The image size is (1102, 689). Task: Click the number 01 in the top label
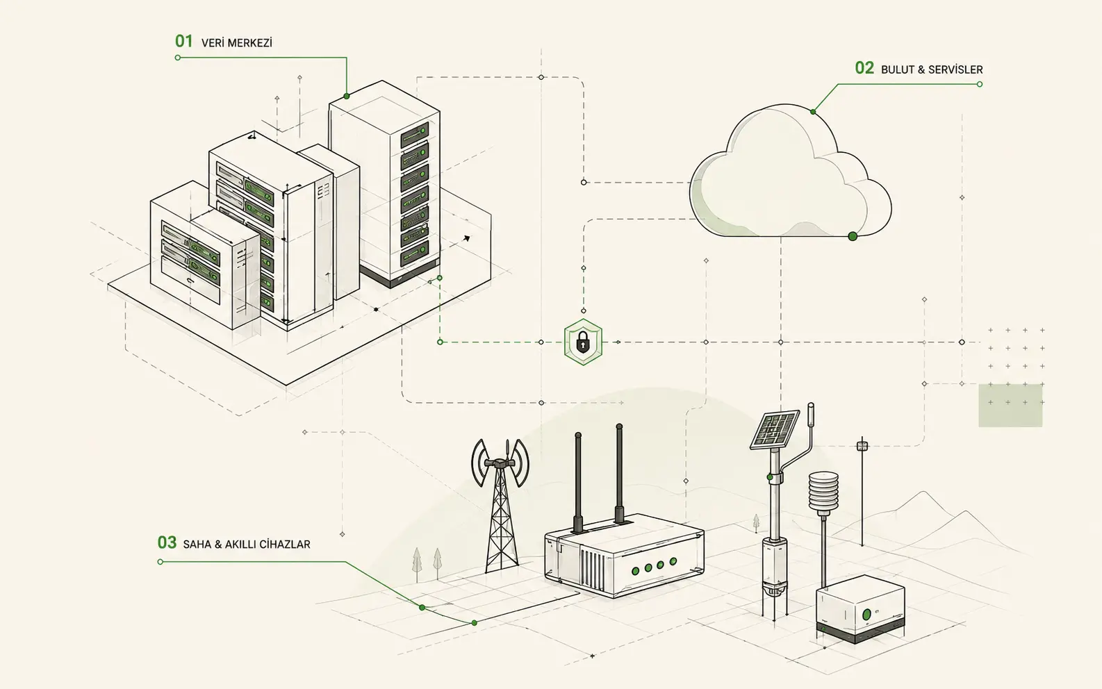183,41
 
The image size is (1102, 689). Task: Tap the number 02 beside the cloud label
864,68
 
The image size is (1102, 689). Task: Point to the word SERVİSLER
955,70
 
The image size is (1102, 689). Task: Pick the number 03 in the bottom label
167,542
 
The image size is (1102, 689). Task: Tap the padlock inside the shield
582,342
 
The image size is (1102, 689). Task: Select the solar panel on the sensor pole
774,429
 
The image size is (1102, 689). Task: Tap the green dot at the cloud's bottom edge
853,236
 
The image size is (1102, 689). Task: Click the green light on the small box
867,614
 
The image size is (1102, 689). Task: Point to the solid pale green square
1010,405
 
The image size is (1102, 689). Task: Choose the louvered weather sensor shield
823,492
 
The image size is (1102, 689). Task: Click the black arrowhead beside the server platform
466,238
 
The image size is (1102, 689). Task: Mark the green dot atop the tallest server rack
346,96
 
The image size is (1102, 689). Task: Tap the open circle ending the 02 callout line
980,84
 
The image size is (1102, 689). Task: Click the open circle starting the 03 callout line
160,562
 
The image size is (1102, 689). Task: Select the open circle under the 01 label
178,58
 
